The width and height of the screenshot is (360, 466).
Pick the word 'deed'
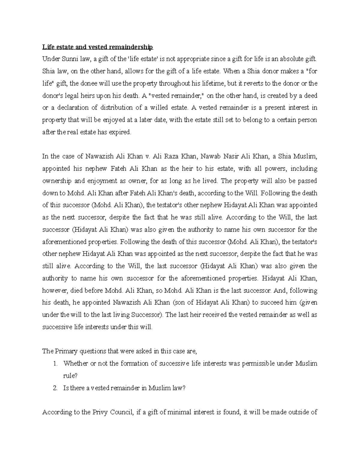tap(311, 95)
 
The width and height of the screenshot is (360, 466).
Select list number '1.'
tap(55, 363)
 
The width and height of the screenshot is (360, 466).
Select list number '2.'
tap(55, 388)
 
